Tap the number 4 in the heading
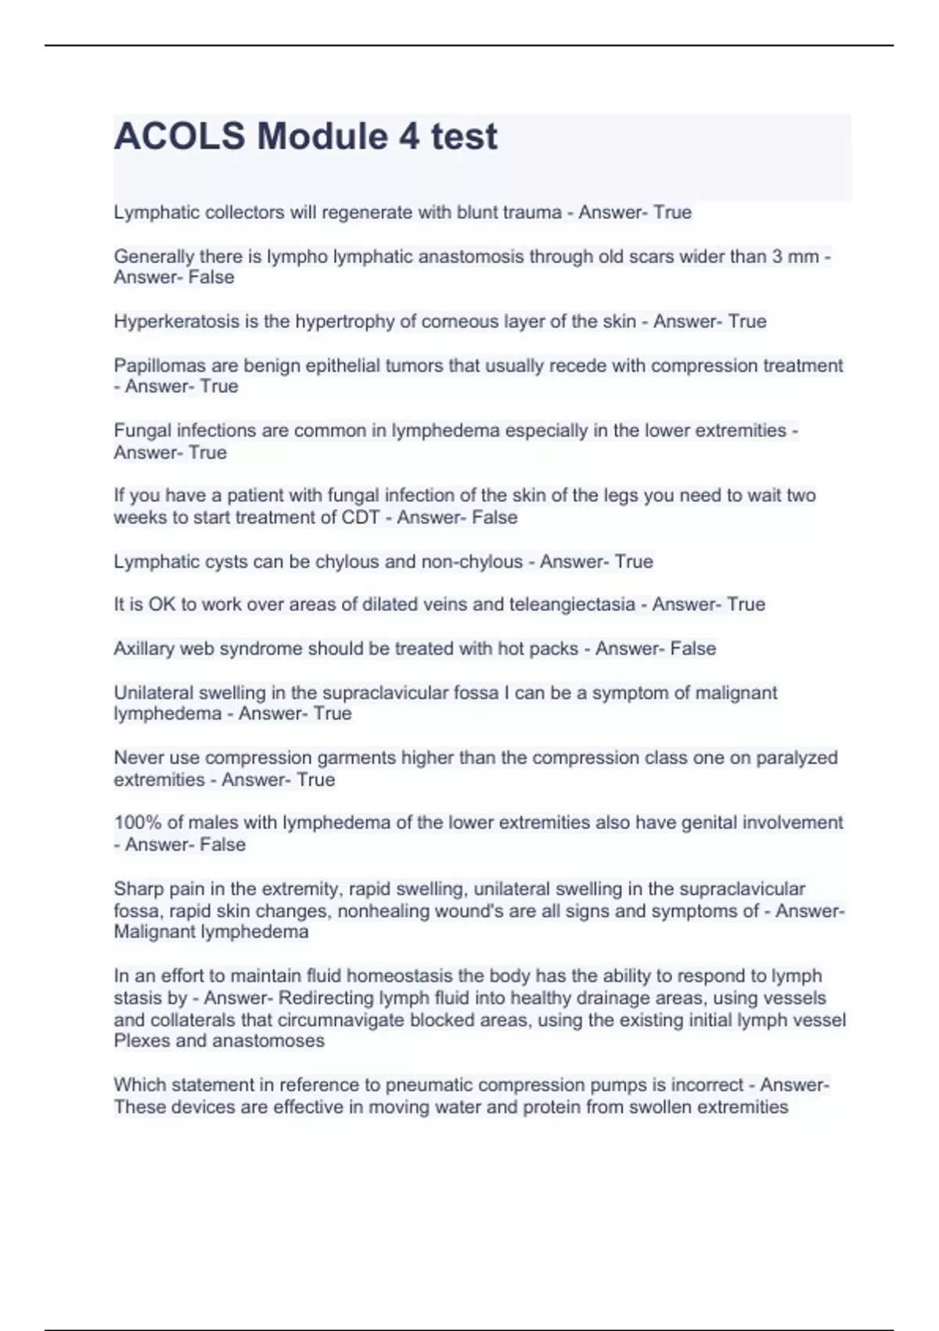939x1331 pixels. (408, 136)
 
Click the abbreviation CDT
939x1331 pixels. (360, 518)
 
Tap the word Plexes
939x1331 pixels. (139, 1041)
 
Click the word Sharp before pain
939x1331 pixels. (137, 889)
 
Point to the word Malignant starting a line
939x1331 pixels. (154, 932)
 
